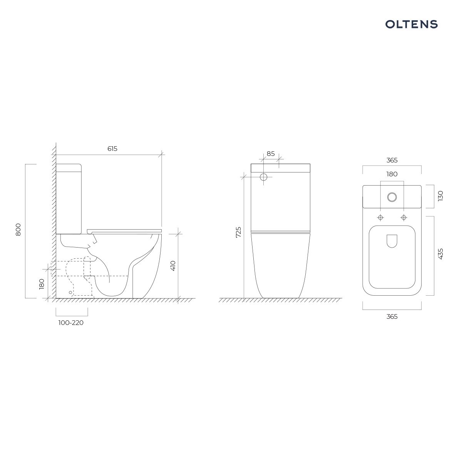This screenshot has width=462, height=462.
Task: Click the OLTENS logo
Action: tap(412, 24)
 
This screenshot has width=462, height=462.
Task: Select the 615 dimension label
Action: tap(112, 149)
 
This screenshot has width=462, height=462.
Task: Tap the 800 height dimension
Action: tap(18, 229)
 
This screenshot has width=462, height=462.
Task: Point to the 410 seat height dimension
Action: tap(173, 266)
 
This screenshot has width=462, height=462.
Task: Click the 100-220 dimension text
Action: tap(71, 323)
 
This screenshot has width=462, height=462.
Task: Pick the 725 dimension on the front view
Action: tap(238, 232)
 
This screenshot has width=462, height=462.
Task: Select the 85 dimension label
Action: tap(271, 154)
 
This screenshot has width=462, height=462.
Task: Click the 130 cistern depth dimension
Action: tap(440, 196)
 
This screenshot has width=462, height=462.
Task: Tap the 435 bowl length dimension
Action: tap(440, 254)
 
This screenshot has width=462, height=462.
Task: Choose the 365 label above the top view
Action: tap(392, 160)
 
